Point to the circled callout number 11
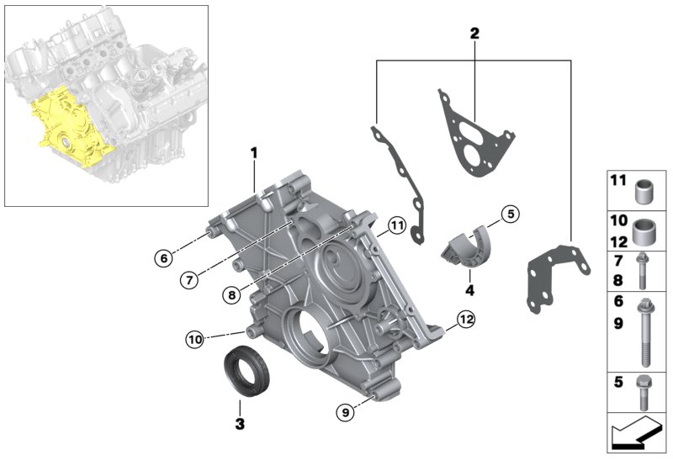397,225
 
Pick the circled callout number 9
343,412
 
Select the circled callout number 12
467,319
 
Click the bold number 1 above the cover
252,153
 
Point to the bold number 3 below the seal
240,424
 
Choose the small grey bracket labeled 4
465,246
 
